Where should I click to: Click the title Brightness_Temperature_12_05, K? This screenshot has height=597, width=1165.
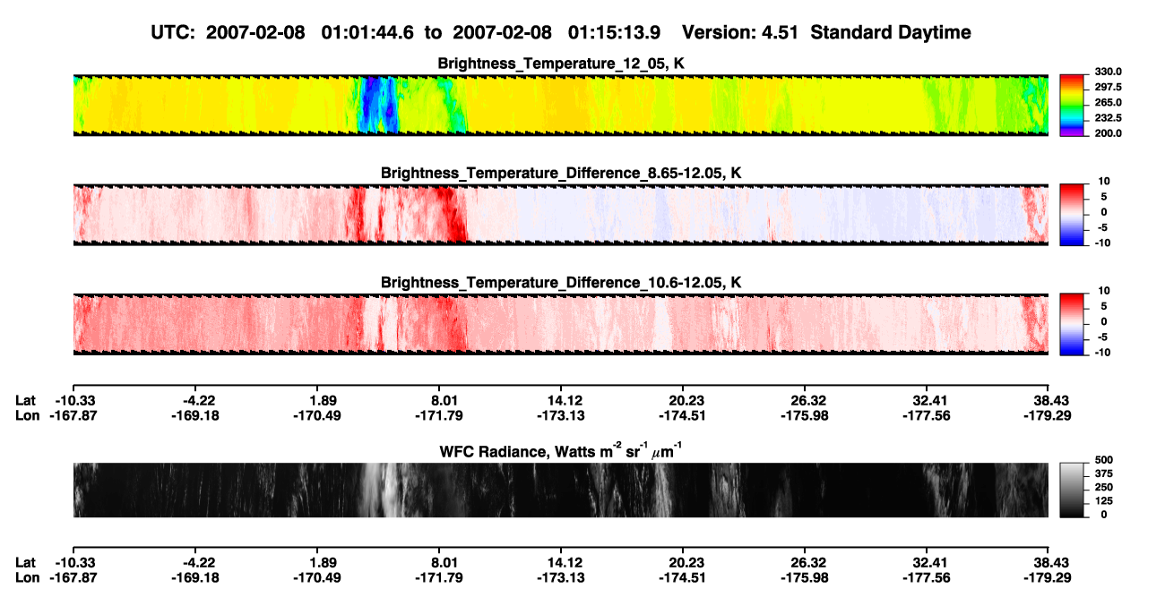click(x=561, y=64)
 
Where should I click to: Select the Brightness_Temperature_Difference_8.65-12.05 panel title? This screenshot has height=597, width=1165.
click(x=561, y=173)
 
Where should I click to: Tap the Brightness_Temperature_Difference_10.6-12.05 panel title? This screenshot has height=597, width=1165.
click(x=561, y=283)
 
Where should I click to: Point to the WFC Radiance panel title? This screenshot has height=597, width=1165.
click(x=561, y=451)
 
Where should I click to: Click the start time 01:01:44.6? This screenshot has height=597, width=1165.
click(x=367, y=32)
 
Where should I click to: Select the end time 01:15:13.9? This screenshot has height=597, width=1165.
click(x=614, y=32)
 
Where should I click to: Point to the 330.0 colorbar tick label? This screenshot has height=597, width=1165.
click(x=1108, y=72)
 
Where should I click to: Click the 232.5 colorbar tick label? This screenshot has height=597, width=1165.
click(x=1108, y=118)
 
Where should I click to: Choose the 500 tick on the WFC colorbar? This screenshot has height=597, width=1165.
click(x=1104, y=460)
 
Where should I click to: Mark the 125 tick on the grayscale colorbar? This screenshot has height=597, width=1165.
click(x=1104, y=501)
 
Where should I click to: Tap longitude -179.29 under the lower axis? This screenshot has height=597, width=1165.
click(x=1048, y=578)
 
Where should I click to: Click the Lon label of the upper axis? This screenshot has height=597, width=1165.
click(x=28, y=415)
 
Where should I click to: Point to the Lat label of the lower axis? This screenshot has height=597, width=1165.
click(x=25, y=563)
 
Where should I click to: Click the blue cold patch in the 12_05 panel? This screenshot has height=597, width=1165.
click(x=378, y=105)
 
